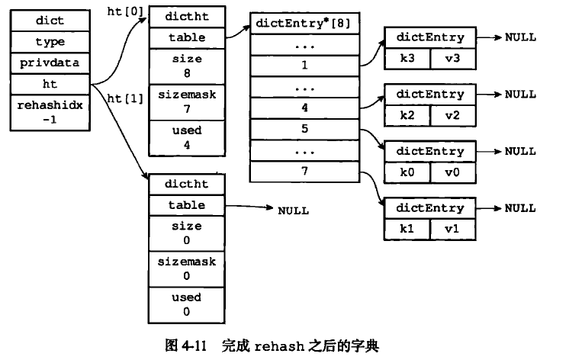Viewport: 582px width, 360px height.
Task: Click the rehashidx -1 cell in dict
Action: (x=50, y=113)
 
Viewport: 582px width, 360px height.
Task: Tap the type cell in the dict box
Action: (x=50, y=42)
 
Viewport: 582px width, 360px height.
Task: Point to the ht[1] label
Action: (x=126, y=98)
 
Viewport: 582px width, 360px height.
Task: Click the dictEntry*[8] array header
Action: (x=304, y=22)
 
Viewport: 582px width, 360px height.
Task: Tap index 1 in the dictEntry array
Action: (x=304, y=66)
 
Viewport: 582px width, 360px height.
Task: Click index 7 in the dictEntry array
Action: (x=304, y=172)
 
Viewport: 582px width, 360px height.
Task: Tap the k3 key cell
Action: (x=407, y=57)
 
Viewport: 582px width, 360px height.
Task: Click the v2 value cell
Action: (x=453, y=114)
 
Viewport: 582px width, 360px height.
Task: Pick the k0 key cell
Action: (x=407, y=172)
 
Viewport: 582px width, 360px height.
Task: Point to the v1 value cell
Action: (x=453, y=228)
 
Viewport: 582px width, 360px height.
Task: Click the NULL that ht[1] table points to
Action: (x=293, y=210)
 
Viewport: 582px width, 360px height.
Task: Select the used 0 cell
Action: (x=187, y=304)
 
